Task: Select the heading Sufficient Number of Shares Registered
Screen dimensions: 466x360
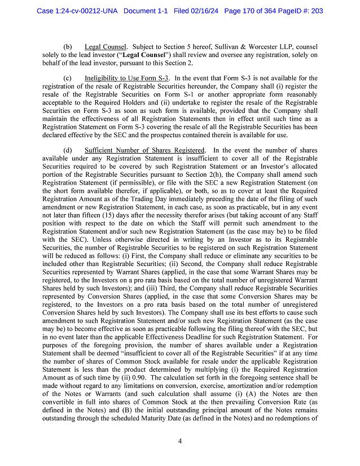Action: coord(144,151)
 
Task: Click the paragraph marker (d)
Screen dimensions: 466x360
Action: coord(68,151)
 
